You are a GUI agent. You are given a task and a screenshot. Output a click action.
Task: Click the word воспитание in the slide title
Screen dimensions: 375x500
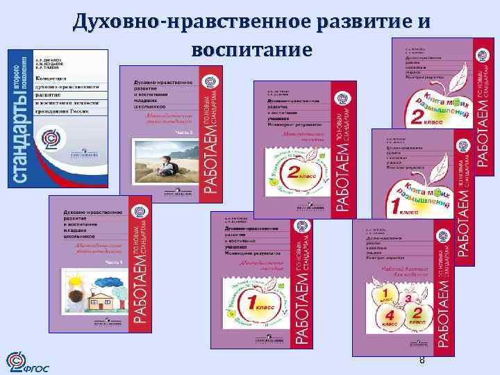(250, 50)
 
